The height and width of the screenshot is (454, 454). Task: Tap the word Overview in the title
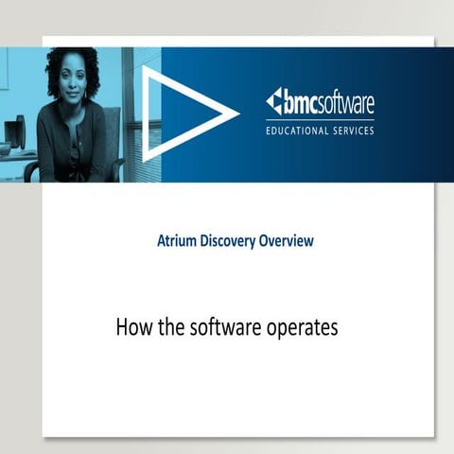coord(288,241)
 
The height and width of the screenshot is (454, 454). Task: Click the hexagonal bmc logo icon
coord(274,100)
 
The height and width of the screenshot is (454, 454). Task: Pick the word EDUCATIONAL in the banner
coord(302,130)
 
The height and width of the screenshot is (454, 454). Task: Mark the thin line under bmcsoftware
coord(320,117)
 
